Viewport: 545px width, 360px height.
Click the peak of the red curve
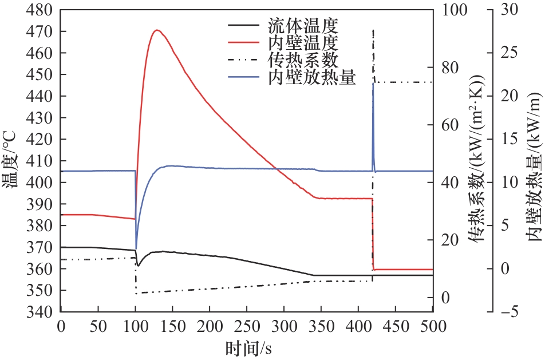click(157, 30)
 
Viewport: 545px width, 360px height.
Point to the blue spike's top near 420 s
click(373, 84)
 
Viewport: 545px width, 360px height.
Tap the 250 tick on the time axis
click(247, 325)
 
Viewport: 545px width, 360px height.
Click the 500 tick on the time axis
click(433, 325)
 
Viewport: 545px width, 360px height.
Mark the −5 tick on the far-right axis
click(507, 312)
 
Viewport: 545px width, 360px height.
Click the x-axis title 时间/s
click(247, 347)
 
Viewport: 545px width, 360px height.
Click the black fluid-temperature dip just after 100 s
click(138, 266)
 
